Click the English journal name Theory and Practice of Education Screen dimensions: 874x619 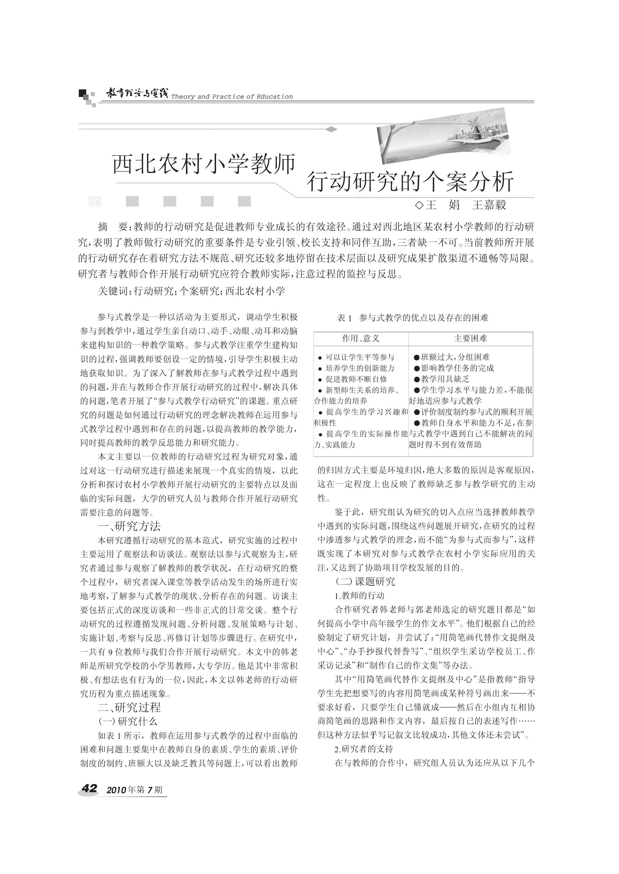tap(232, 97)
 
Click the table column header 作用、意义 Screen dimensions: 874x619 tap(361, 339)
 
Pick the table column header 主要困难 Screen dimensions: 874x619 tap(470, 339)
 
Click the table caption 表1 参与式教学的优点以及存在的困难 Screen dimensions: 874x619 tap(412, 318)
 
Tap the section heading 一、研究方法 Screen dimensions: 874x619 tap(129, 526)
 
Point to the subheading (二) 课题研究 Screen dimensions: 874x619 tap(365, 582)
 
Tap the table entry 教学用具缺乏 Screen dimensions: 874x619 tap(445, 379)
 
